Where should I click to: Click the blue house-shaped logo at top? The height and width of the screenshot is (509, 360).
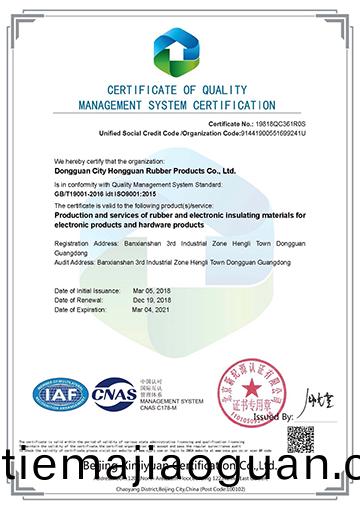click(180, 45)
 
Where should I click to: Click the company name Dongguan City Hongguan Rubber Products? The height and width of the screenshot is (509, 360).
click(144, 169)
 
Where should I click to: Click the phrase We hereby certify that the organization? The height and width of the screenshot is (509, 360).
click(109, 160)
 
